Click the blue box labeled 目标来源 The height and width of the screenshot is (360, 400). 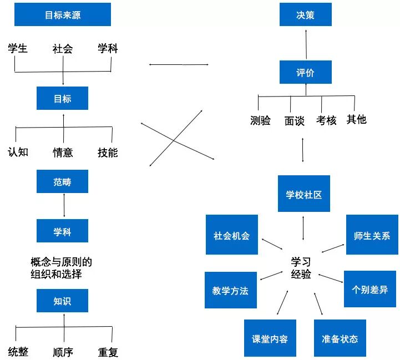pos(63,14)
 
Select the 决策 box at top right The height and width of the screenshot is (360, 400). pos(305,14)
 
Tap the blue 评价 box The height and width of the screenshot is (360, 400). pos(305,73)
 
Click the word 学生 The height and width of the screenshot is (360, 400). pos(18,49)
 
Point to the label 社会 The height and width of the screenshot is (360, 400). pos(63,49)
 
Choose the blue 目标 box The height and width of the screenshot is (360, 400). pos(63,99)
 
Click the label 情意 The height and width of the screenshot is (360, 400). pos(63,152)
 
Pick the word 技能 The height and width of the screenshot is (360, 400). pos(108,152)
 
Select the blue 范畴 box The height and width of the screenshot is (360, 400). pos(63,181)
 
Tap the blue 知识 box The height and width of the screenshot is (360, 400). pos(63,301)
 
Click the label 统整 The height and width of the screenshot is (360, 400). pos(18,352)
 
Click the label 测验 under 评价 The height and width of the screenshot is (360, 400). pos(260,120)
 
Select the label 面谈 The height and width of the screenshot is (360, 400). pos(294,120)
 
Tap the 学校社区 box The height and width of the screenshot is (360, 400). pos(303,195)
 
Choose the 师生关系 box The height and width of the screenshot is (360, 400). pos(372,235)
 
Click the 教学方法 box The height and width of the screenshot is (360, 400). pos(230,290)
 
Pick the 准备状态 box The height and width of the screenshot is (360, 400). pos(340,338)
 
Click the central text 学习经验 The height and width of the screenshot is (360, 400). pos(301,267)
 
